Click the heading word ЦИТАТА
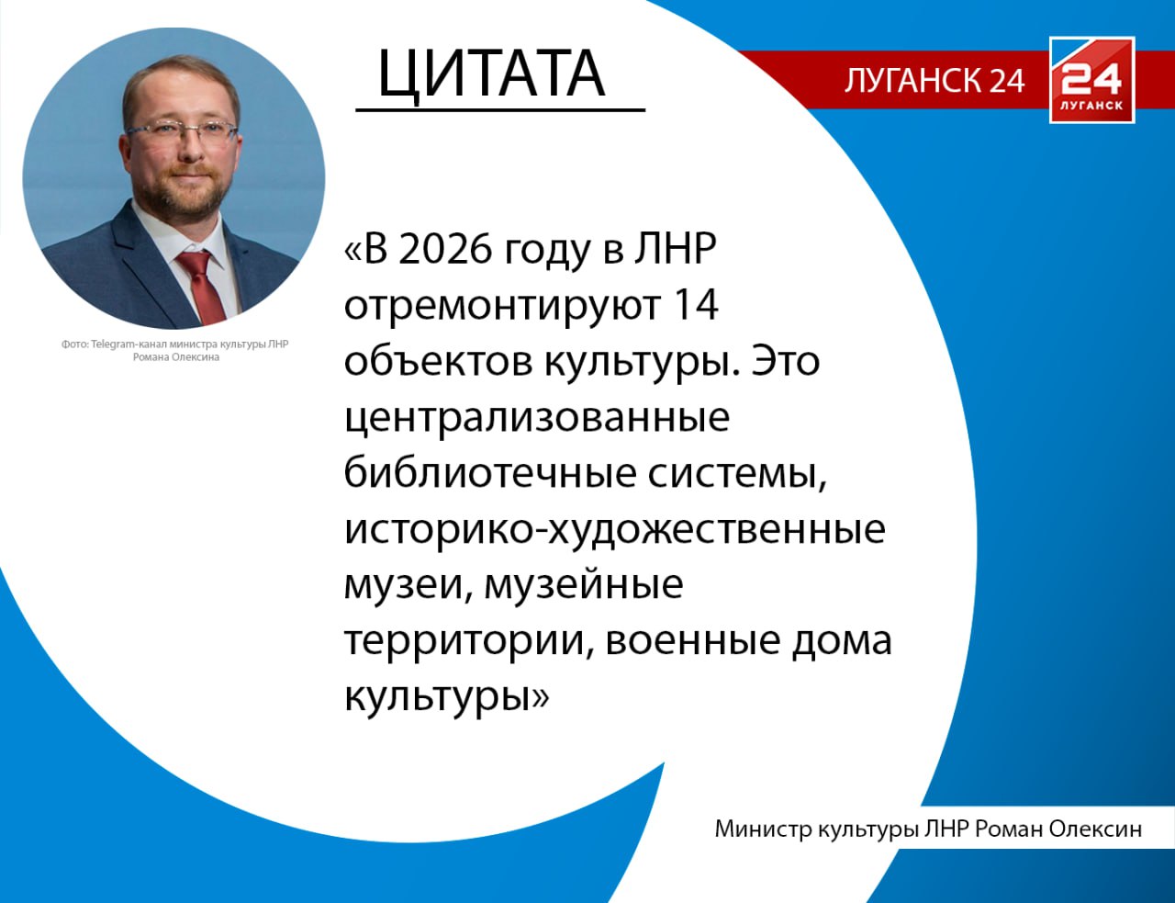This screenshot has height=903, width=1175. (492, 73)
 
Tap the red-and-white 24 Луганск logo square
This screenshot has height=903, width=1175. (1091, 80)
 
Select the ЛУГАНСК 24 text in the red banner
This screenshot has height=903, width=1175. (934, 81)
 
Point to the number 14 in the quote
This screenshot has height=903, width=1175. (695, 305)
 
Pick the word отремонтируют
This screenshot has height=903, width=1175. (501, 307)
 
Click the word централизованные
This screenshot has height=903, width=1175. (537, 418)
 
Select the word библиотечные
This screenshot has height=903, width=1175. (490, 473)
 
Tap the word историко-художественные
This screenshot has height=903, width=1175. (615, 529)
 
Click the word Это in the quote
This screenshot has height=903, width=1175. (786, 361)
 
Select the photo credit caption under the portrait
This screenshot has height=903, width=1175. (175, 350)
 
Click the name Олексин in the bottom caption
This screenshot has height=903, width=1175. (1095, 829)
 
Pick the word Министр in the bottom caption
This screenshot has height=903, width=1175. (763, 829)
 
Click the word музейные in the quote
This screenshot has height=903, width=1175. (584, 585)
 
